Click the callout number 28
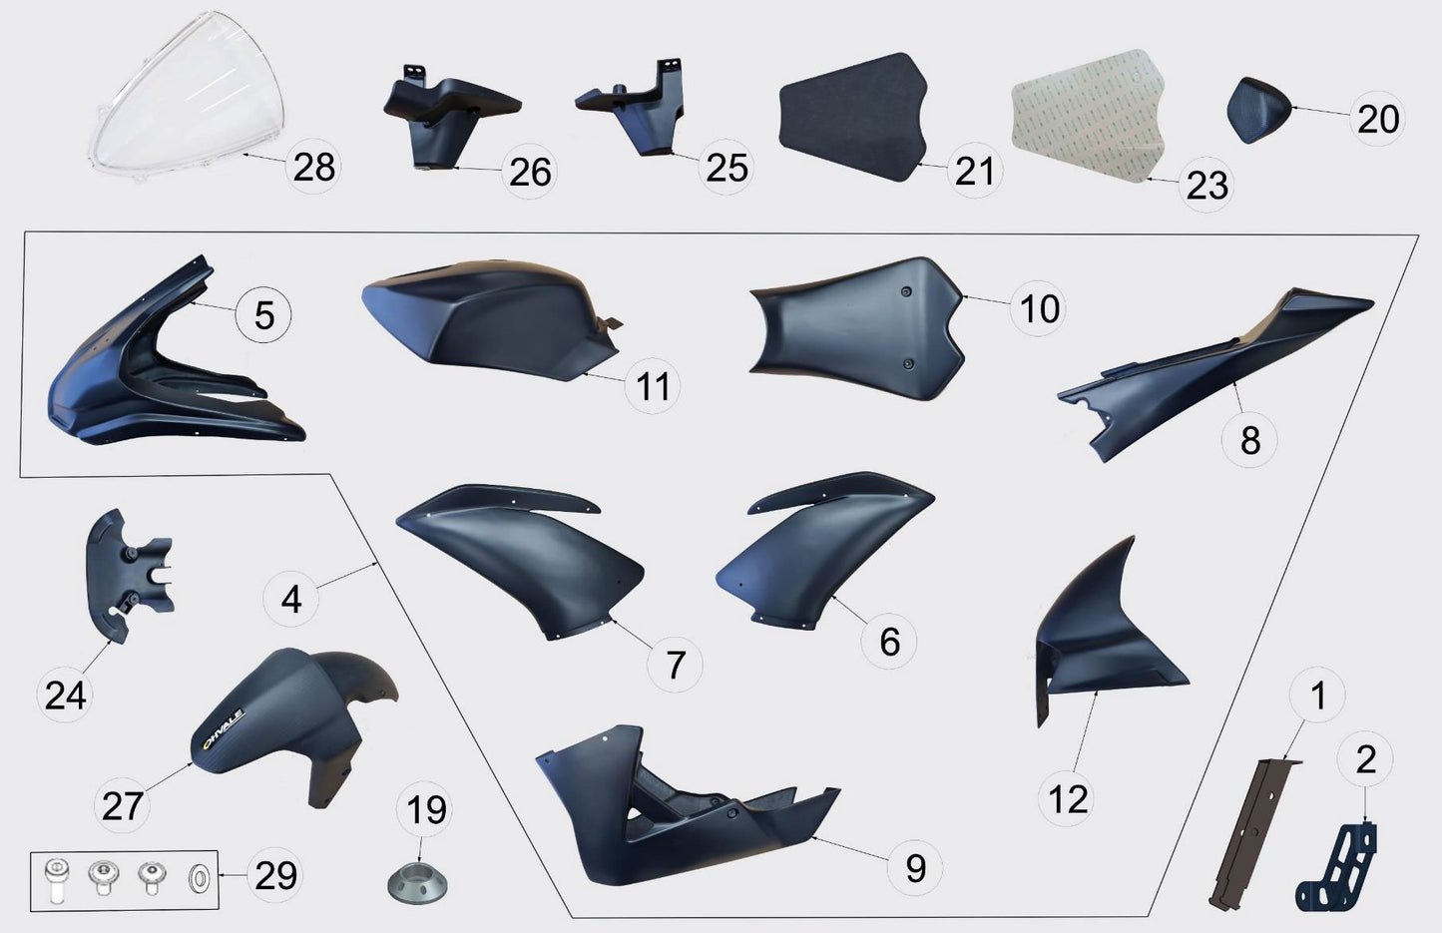[313, 167]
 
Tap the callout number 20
[1378, 119]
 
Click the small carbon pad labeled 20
[1258, 109]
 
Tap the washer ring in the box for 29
[200, 880]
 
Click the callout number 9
[915, 867]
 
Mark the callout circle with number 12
[1068, 798]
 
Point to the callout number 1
[1317, 696]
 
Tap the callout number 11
[653, 386]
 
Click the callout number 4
[290, 600]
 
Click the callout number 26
[529, 172]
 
